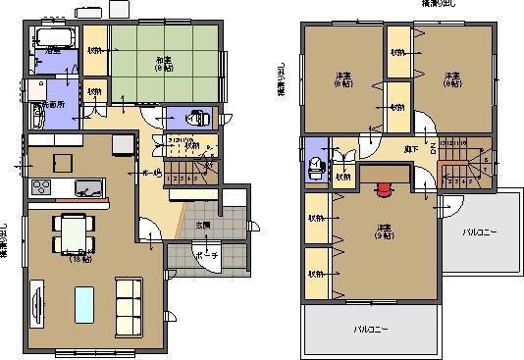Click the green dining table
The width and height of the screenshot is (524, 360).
click(74, 233)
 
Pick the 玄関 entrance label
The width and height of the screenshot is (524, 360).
click(202, 226)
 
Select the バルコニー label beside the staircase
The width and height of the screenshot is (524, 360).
click(481, 232)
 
